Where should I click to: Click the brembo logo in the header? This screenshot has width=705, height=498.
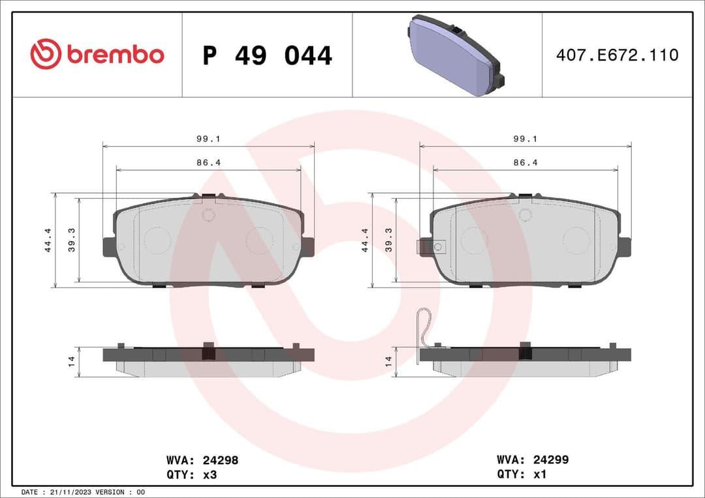[97, 55]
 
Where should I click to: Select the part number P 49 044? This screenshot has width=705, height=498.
[267, 56]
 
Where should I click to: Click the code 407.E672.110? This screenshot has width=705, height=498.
[617, 55]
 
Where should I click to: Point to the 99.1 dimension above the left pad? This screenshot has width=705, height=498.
[208, 139]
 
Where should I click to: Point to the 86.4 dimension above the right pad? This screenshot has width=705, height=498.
[525, 162]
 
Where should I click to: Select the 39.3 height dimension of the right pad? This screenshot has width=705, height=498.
[388, 240]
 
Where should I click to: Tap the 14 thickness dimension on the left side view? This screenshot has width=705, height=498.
[72, 360]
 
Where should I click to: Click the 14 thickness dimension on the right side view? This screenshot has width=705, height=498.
[388, 360]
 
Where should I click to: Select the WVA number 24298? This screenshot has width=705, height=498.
[221, 460]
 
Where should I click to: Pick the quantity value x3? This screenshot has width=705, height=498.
[210, 475]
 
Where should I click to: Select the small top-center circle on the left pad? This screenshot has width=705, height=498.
[208, 215]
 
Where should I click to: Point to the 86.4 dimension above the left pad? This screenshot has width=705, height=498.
[208, 162]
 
